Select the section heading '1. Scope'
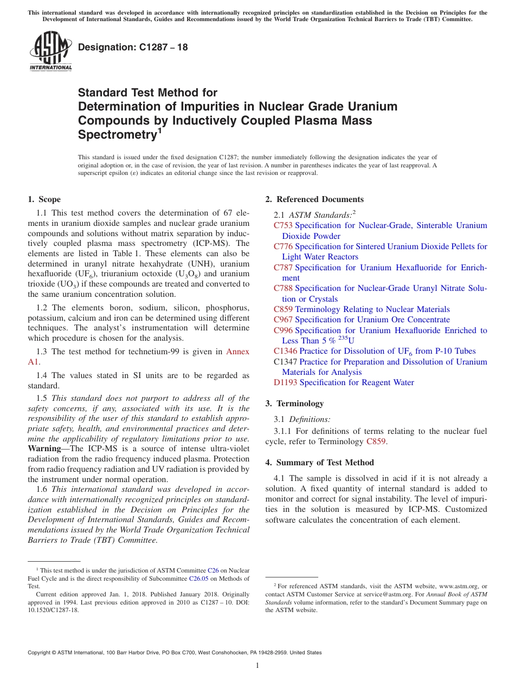click(44, 199)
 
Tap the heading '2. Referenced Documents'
click(314, 199)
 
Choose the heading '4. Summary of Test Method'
click(319, 463)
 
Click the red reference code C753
click(284, 225)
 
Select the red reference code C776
click(284, 246)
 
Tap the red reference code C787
click(284, 268)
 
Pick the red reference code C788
click(284, 288)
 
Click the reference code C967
click(284, 320)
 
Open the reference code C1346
click(286, 351)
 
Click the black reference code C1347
click(286, 362)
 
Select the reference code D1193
click(286, 382)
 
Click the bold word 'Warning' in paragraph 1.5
click(44, 448)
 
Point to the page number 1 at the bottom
click(257, 666)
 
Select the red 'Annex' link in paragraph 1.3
click(237, 352)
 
